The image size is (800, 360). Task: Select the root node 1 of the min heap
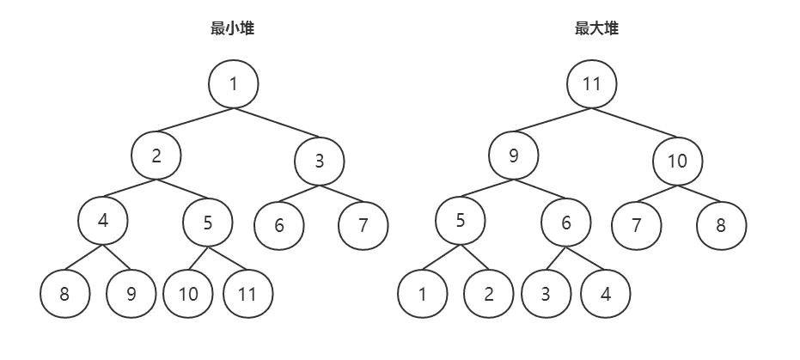[x=233, y=83]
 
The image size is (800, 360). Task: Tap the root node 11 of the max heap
[x=591, y=83]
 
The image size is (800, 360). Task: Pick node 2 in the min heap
[x=156, y=156]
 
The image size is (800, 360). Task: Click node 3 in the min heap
[x=319, y=161]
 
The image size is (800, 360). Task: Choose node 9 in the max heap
[x=514, y=156]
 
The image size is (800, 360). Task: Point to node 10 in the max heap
[x=677, y=161]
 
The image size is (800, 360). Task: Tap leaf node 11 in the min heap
[x=247, y=294]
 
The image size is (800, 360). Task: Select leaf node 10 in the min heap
[x=188, y=294]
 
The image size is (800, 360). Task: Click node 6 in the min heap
[x=279, y=225]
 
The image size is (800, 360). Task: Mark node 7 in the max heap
[x=637, y=225]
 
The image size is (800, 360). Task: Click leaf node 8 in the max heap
[x=721, y=225]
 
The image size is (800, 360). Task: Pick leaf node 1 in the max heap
[x=423, y=294]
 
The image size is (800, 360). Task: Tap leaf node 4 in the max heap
[x=606, y=294]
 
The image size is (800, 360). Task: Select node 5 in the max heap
[x=461, y=220]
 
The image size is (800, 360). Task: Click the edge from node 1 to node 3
[x=276, y=124]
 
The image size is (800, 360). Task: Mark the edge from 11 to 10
[x=634, y=124]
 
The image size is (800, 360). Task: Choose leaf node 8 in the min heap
[x=64, y=294]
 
